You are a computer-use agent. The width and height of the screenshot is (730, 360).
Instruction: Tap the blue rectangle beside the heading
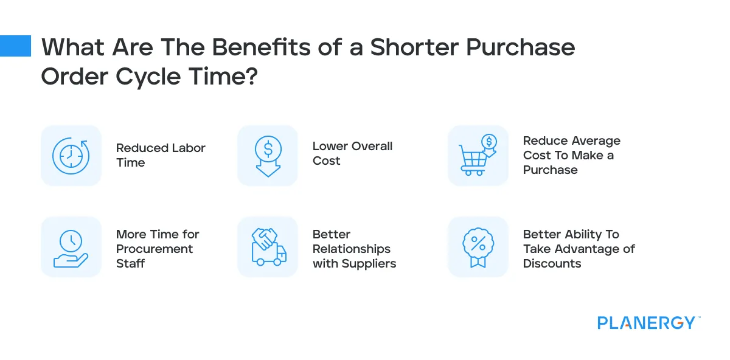pyautogui.click(x=15, y=46)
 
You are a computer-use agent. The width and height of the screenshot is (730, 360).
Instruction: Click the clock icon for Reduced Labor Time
pyautogui.click(x=71, y=156)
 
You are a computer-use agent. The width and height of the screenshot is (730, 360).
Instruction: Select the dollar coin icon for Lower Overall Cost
pyautogui.click(x=267, y=156)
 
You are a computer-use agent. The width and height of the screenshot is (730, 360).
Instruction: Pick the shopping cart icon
pyautogui.click(x=478, y=156)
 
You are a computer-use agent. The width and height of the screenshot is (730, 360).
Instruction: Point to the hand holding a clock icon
pyautogui.click(x=71, y=247)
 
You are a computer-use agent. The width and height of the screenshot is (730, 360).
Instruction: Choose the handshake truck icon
pyautogui.click(x=268, y=247)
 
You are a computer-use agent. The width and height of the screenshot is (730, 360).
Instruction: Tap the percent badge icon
pyautogui.click(x=478, y=247)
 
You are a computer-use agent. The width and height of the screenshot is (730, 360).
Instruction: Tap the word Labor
pyautogui.click(x=186, y=148)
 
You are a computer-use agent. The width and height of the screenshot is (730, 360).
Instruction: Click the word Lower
pyautogui.click(x=332, y=146)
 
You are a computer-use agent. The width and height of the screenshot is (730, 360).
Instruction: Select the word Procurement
pyautogui.click(x=155, y=249)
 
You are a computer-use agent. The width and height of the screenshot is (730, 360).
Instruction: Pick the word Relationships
pyautogui.click(x=352, y=249)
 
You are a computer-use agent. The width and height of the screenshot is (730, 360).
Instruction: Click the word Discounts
pyautogui.click(x=552, y=263)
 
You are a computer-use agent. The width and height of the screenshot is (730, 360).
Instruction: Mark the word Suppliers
pyautogui.click(x=368, y=263)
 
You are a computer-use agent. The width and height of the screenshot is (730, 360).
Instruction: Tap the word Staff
pyautogui.click(x=131, y=263)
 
